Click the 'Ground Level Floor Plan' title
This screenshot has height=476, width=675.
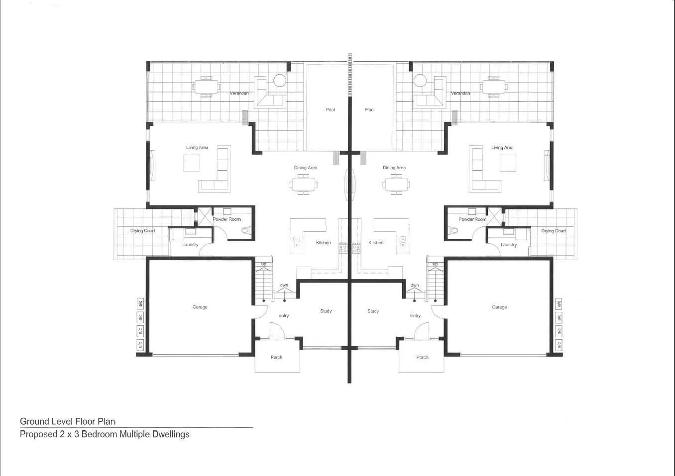click(x=68, y=421)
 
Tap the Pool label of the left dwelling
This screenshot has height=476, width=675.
click(x=330, y=109)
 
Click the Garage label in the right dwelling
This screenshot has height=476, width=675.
click(x=499, y=307)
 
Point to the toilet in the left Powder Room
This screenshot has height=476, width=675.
click(x=244, y=230)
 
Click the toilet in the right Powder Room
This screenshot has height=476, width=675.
click(x=453, y=230)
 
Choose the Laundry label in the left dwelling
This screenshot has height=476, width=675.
click(x=190, y=244)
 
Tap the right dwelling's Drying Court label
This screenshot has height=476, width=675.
click(x=554, y=231)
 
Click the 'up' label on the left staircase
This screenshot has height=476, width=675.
click(x=264, y=264)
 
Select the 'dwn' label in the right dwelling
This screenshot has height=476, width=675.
click(x=415, y=285)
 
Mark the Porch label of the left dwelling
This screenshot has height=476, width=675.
click(x=276, y=357)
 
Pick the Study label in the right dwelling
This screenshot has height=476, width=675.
click(x=373, y=311)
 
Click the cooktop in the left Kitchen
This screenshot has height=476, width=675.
click(x=343, y=247)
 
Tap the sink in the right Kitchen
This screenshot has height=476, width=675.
click(x=402, y=242)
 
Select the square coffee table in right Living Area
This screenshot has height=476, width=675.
click(x=508, y=163)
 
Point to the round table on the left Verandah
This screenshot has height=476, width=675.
click(x=280, y=80)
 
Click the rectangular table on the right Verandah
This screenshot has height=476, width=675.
click(x=493, y=87)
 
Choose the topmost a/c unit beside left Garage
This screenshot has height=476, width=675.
click(x=140, y=303)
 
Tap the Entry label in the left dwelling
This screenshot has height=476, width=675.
click(x=284, y=315)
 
